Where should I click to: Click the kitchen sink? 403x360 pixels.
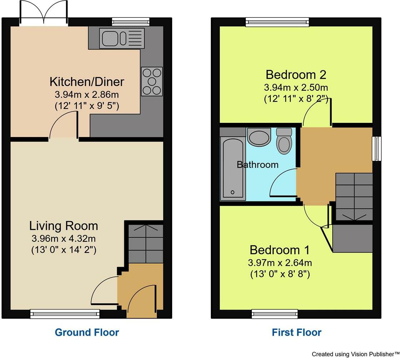[x=122, y=38]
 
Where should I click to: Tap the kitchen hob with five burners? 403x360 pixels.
[x=152, y=81]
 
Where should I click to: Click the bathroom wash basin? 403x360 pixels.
[x=259, y=137]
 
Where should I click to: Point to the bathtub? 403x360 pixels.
[x=233, y=168]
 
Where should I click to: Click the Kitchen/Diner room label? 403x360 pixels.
[x=87, y=82]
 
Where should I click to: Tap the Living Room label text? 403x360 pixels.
[x=64, y=226]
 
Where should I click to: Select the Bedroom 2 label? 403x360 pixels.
[x=296, y=75]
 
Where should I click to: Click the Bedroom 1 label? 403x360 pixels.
[x=280, y=250]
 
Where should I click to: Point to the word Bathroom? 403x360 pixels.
[x=258, y=164]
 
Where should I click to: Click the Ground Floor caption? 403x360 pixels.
[x=87, y=332]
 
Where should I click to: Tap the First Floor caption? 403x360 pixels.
[x=297, y=332]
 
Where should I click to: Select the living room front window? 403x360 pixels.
[x=65, y=314]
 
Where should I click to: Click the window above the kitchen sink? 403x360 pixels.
[x=131, y=21]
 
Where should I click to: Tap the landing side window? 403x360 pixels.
[x=377, y=149]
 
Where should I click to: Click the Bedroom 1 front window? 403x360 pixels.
[x=275, y=314]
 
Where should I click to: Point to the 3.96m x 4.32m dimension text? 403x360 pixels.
[x=64, y=239]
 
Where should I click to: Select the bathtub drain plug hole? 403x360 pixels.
[x=233, y=192]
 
